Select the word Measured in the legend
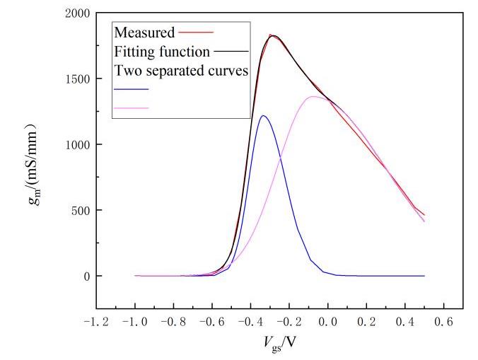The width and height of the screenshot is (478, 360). [144, 33]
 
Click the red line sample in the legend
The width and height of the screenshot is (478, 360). [197, 33]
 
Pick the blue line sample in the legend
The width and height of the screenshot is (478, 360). [131, 89]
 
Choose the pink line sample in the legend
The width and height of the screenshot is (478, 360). [131, 108]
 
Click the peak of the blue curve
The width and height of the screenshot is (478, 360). [264, 116]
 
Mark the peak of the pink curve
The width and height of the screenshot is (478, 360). [313, 97]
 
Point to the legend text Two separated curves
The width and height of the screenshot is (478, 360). [180, 71]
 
